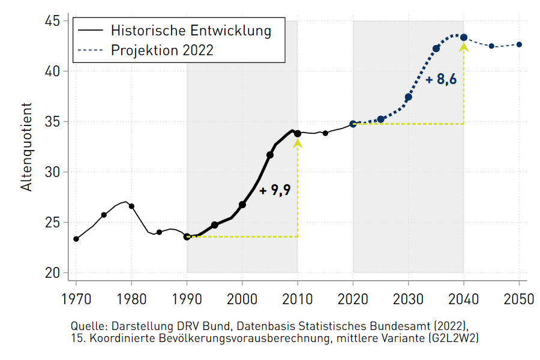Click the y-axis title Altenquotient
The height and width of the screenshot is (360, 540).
click(26, 147)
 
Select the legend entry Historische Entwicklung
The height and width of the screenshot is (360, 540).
click(191, 30)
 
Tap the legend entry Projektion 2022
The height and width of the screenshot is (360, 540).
click(162, 50)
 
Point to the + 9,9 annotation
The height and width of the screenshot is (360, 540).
click(275, 191)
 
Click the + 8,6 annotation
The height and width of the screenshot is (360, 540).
click(441, 79)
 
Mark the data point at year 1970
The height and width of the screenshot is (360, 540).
click(76, 239)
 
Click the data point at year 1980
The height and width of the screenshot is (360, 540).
click(131, 206)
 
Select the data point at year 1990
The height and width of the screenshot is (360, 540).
click(187, 237)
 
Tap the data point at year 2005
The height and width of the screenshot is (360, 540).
click(270, 155)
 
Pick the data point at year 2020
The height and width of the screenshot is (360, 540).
click(353, 124)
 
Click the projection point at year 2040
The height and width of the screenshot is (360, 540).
click(464, 37)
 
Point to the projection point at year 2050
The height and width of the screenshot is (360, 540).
click(519, 44)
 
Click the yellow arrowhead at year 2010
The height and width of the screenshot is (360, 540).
click(298, 143)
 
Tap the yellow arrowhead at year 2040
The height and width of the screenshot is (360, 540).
click(464, 47)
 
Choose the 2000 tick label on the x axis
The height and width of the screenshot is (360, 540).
click(242, 298)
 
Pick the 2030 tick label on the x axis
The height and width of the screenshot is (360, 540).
click(409, 298)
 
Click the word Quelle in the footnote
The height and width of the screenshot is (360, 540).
click(88, 326)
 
